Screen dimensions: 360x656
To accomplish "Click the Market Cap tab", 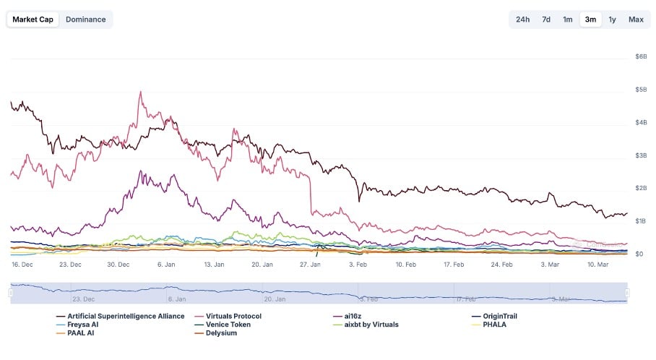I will click(33, 20).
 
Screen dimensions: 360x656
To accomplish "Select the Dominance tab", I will click(85, 20).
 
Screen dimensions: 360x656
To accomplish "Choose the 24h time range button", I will click(522, 20).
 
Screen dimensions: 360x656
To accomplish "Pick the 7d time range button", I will click(546, 20).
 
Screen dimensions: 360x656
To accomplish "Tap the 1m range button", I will click(568, 20).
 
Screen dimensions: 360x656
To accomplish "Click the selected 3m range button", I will click(590, 20).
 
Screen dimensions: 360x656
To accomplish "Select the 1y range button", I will click(612, 20).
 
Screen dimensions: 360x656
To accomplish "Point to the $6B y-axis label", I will click(640, 56).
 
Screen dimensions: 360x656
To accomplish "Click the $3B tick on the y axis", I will click(640, 155).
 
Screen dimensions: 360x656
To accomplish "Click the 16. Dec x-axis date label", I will click(22, 265).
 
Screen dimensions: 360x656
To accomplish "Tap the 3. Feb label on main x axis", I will click(358, 265).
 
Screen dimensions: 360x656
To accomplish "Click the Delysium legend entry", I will click(221, 333).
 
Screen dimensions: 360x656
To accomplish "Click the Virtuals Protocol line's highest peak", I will click(140, 92).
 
